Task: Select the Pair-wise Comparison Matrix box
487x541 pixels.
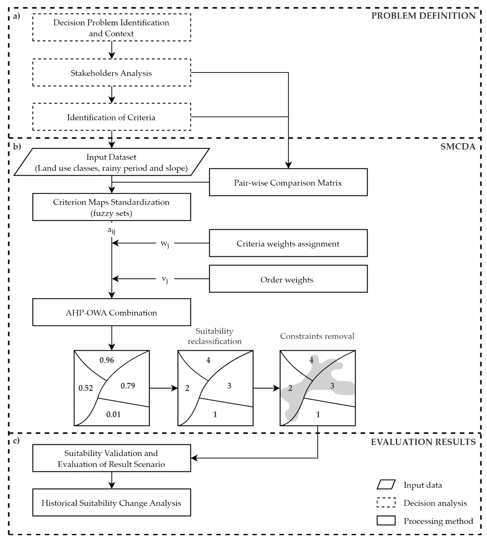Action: [288, 182]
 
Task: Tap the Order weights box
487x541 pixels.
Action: [288, 279]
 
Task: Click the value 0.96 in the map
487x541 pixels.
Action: [107, 360]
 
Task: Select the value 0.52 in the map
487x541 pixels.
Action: [86, 388]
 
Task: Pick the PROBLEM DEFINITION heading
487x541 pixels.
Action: [423, 16]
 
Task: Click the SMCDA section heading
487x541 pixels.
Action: [458, 147]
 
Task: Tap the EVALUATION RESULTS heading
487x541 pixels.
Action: [423, 442]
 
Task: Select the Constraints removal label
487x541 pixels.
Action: [317, 336]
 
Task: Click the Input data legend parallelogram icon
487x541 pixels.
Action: [386, 485]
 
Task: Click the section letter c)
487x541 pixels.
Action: [16, 440]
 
